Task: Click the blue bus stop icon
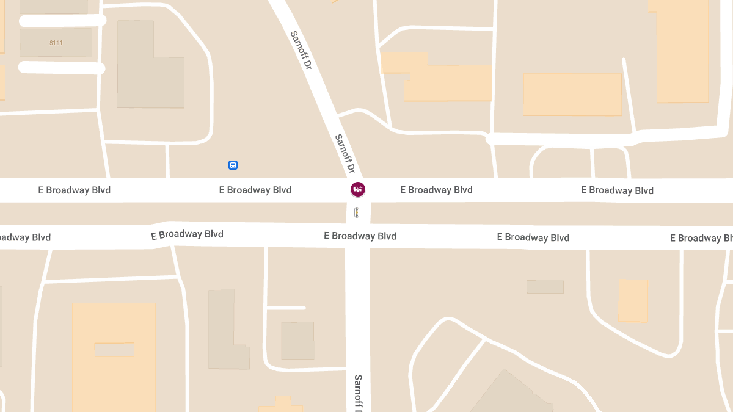[233, 165]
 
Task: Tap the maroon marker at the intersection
[358, 189]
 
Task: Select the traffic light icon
[357, 212]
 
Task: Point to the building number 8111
[56, 43]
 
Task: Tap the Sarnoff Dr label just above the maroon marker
[345, 153]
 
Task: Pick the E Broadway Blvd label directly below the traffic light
[360, 236]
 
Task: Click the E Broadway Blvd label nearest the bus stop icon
[255, 190]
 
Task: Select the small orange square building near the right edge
[633, 300]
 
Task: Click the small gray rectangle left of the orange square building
[545, 287]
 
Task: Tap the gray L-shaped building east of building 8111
[147, 67]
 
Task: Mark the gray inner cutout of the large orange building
[114, 350]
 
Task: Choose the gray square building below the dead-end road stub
[297, 341]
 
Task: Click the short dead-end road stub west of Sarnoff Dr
[286, 308]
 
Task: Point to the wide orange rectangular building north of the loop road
[572, 94]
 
